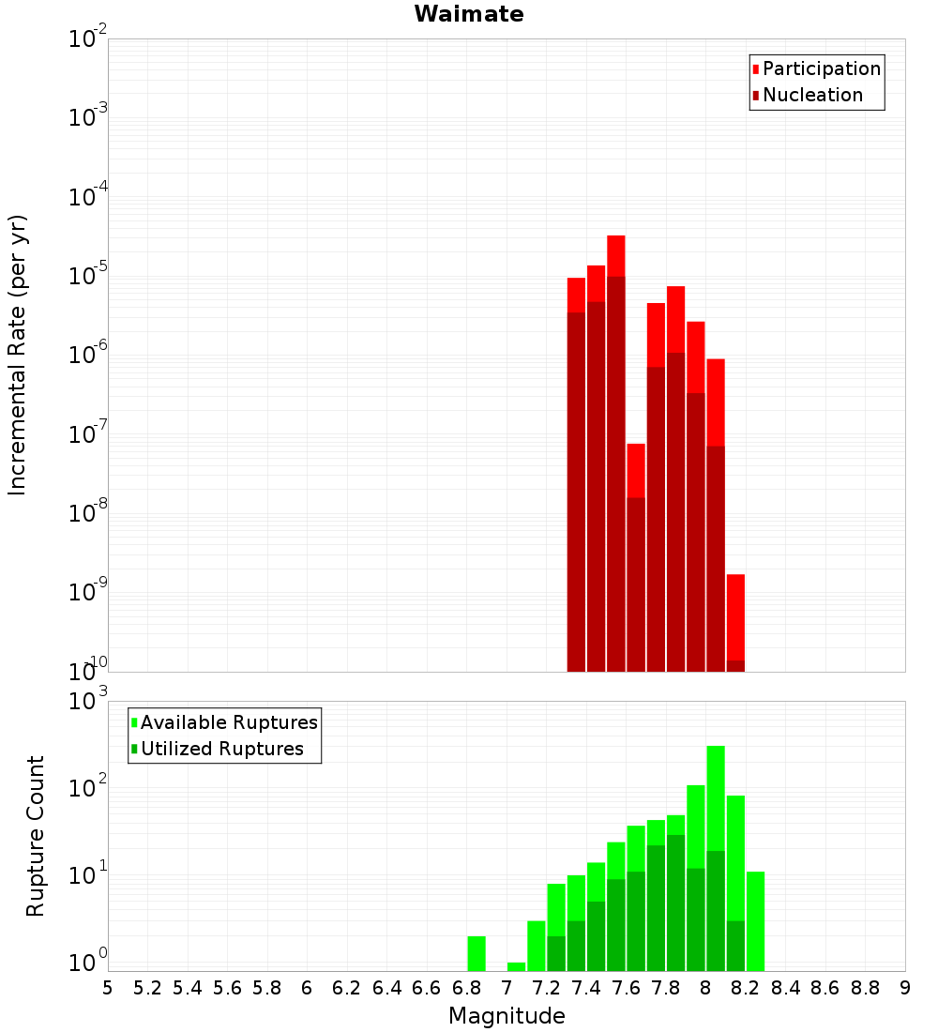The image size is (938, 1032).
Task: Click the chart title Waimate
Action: coord(469,14)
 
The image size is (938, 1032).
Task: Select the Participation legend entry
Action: coord(821,68)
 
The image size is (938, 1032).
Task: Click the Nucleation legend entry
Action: coord(811,95)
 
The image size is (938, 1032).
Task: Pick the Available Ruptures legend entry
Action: coord(228,722)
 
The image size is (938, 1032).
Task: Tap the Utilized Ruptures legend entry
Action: coord(221,749)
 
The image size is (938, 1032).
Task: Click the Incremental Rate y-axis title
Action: coord(18,355)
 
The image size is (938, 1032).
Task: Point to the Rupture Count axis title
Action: coord(36,835)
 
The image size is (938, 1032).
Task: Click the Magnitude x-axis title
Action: coord(507,1016)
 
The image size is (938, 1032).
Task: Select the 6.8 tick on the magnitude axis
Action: coord(466,988)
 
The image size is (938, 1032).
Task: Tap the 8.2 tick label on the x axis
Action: coord(746,988)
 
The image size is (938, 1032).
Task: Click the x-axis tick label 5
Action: coord(108,988)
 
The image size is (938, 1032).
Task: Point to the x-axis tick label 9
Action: coord(905,988)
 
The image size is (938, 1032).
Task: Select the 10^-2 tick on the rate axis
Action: coord(87,39)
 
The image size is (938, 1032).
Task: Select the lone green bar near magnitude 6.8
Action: coord(477,952)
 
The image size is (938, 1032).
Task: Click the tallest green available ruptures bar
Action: coord(716,797)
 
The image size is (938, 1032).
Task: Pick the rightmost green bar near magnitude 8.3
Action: coord(755,919)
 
